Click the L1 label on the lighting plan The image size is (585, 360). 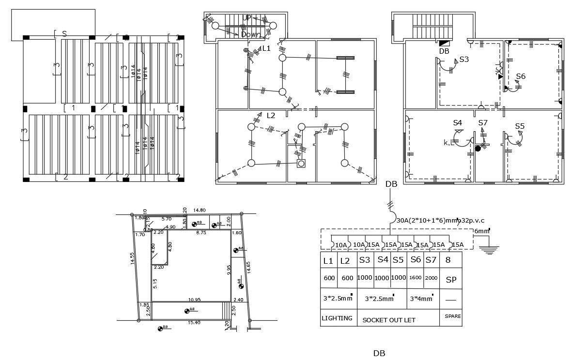(x=266, y=48)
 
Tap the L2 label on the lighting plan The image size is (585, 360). (x=271, y=115)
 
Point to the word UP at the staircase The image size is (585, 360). (x=247, y=18)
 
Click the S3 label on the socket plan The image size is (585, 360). (x=464, y=60)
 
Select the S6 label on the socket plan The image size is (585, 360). (x=521, y=76)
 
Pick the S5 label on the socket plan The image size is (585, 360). (x=520, y=126)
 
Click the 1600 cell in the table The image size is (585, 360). (x=415, y=278)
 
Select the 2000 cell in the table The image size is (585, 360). (x=431, y=278)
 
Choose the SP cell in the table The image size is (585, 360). (x=451, y=280)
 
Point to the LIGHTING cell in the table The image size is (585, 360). (x=337, y=318)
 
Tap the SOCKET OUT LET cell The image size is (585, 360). (x=389, y=320)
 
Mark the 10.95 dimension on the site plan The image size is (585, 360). (x=195, y=300)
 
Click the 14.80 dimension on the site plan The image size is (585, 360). (x=199, y=210)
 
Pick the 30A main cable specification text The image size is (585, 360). (x=441, y=220)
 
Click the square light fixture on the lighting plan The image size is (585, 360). (x=301, y=164)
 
